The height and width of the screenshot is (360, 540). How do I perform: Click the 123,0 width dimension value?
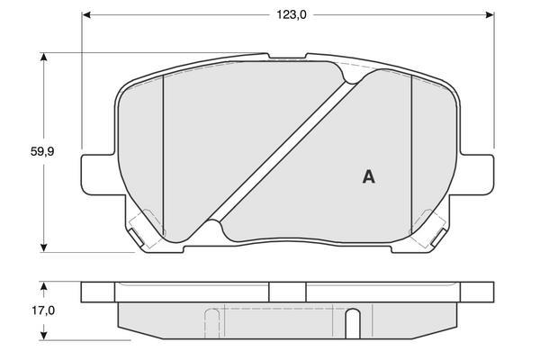coord(292,14)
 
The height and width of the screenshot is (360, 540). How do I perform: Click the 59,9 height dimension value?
coord(42,151)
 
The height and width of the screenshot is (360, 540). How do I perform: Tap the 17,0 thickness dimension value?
coord(43,310)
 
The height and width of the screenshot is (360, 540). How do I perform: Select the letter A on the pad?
coord(368,177)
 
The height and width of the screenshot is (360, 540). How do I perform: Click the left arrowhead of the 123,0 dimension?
coord(86,14)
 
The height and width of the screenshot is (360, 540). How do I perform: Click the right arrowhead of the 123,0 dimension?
coord(490,14)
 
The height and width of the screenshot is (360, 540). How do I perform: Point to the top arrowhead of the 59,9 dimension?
coord(43,58)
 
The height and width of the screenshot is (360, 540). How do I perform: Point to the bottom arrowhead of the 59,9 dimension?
coord(43,247)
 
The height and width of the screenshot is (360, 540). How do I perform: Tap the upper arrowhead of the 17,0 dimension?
coord(43,287)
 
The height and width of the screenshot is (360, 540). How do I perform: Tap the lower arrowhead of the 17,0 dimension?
coord(43,335)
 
